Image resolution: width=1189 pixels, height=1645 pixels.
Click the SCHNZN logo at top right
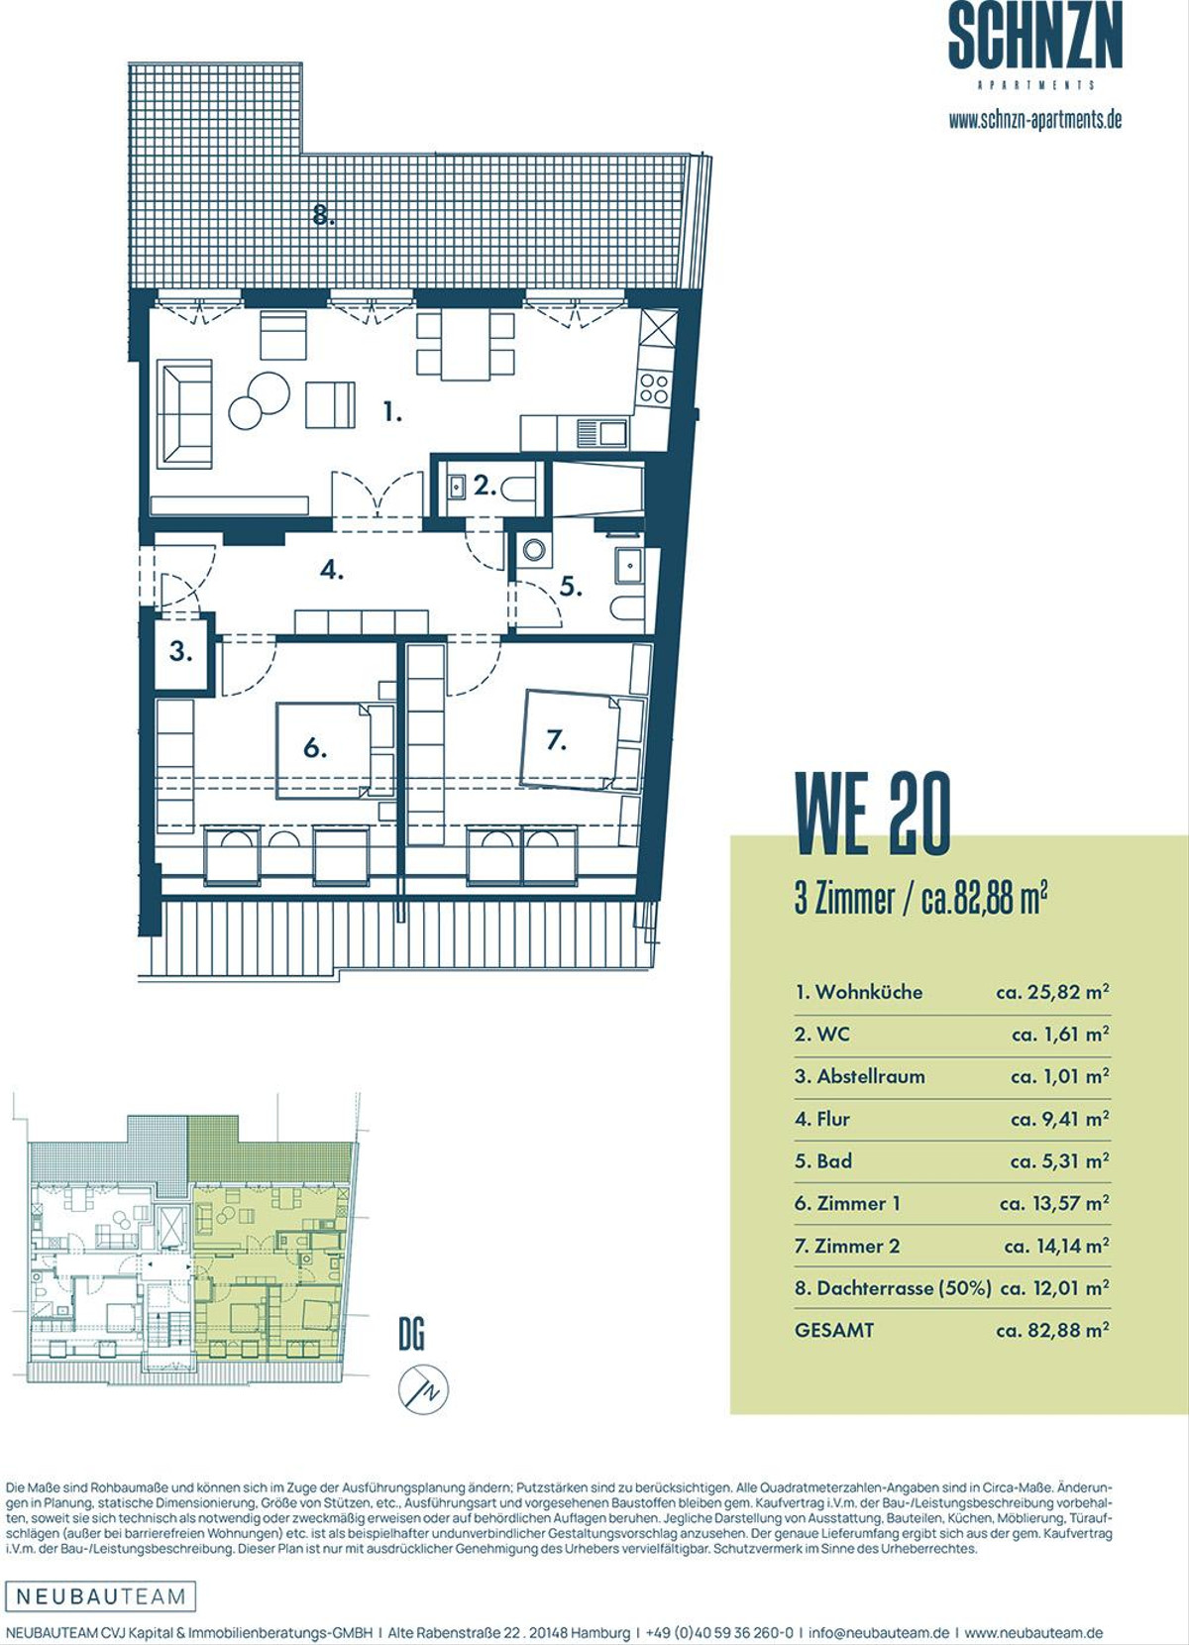pyautogui.click(x=1034, y=44)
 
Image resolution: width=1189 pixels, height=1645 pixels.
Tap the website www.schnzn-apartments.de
pyautogui.click(x=1034, y=120)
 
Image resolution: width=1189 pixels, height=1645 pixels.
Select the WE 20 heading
pyautogui.click(x=873, y=815)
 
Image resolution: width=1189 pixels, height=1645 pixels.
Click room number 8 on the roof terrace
pyautogui.click(x=324, y=215)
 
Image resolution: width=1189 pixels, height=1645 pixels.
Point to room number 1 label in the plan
pyautogui.click(x=393, y=412)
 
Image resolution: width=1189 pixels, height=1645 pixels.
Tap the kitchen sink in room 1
pyautogui.click(x=601, y=432)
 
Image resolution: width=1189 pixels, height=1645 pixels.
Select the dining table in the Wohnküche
pyautogui.click(x=466, y=345)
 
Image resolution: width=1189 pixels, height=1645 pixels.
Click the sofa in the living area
pyautogui.click(x=184, y=413)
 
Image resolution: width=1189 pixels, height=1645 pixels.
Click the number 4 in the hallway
pyautogui.click(x=331, y=570)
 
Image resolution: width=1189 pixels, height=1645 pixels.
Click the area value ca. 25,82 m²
pyautogui.click(x=1052, y=992)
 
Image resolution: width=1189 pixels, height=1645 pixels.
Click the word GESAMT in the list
pyautogui.click(x=834, y=1330)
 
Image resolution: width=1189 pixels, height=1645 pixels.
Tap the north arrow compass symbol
pyautogui.click(x=423, y=1389)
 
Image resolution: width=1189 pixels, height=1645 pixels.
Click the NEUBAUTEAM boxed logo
pyautogui.click(x=101, y=1595)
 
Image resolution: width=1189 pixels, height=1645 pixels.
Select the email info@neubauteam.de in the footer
pyautogui.click(x=879, y=1632)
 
